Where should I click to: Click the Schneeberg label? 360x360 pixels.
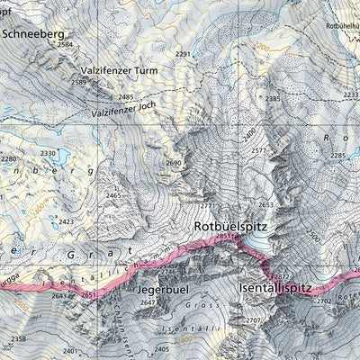tap(38, 34)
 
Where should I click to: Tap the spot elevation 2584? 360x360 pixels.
tap(65, 44)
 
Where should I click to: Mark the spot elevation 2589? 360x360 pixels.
tap(78, 83)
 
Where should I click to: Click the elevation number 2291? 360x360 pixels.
tap(184, 55)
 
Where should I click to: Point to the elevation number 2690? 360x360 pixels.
tap(174, 163)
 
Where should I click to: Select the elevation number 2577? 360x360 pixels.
tap(259, 150)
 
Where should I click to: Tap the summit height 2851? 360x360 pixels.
tap(224, 238)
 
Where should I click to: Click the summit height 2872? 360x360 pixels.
tap(282, 276)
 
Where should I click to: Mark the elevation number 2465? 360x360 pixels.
tap(113, 195)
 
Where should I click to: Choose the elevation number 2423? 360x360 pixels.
tap(66, 220)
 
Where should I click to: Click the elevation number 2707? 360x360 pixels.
tap(253, 320)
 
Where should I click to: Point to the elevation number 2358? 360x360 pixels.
tap(18, 338)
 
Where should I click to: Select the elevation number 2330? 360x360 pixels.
tap(48, 154)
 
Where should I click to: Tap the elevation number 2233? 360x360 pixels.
tap(350, 94)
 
